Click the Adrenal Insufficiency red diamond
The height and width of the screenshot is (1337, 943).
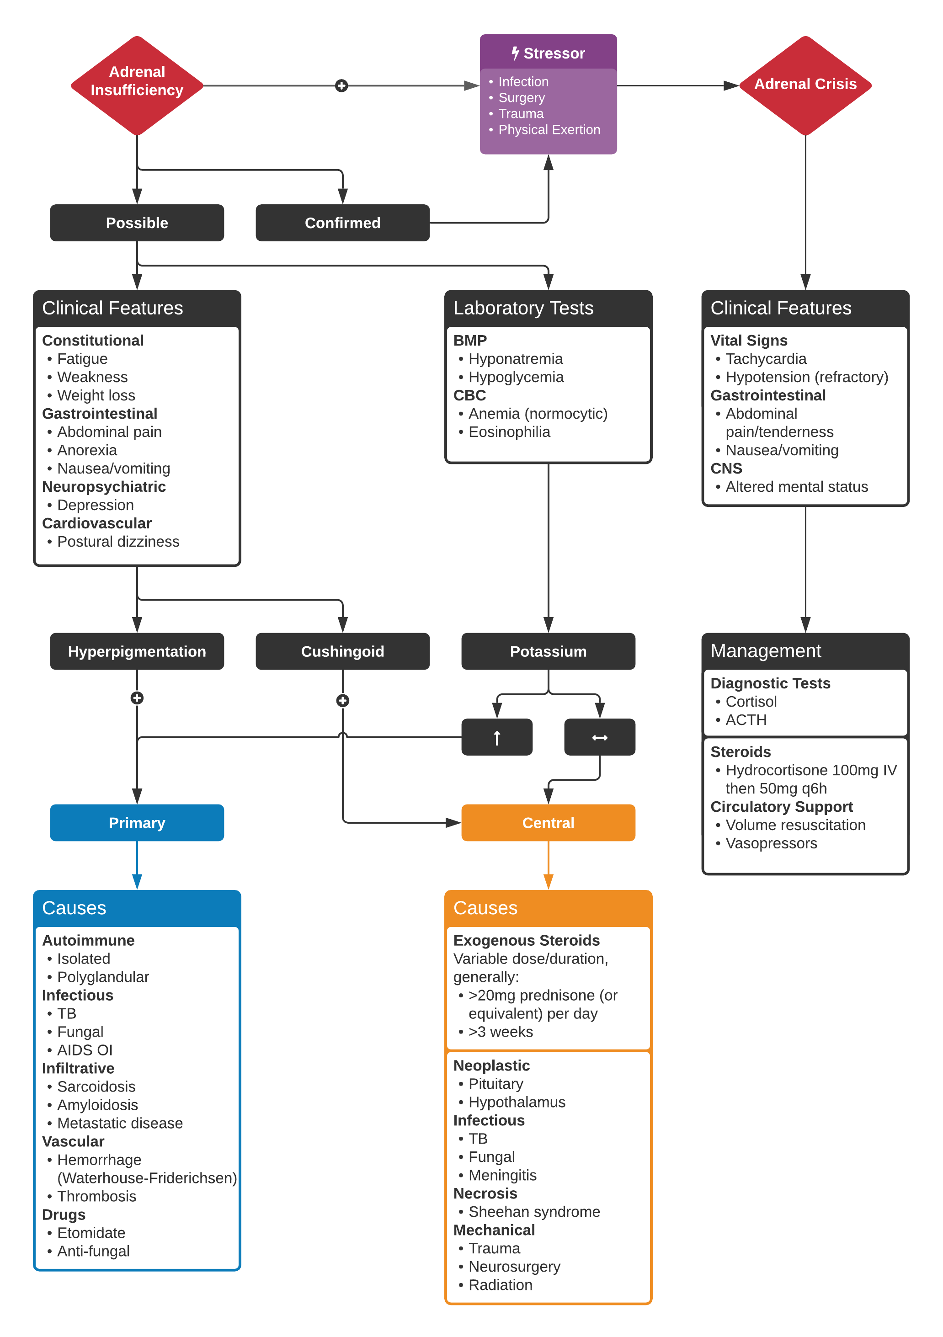[137, 85]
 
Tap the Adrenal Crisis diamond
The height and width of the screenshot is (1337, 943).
[805, 85]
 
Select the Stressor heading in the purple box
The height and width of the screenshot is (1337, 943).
[548, 53]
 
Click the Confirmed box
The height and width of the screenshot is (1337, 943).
[342, 223]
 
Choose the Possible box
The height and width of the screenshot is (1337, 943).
[137, 223]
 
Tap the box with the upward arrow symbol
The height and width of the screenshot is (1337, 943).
[497, 737]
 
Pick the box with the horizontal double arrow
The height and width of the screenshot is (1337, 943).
[599, 737]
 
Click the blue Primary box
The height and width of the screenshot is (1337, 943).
[137, 822]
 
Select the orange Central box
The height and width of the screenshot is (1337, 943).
[548, 822]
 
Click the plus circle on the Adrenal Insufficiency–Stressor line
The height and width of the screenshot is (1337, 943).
[342, 85]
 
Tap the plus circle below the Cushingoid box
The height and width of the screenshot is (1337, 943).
[342, 701]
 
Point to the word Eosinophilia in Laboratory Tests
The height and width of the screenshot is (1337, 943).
[509, 432]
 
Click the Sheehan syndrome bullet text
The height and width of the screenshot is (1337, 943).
[534, 1211]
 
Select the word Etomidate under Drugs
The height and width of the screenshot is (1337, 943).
[91, 1233]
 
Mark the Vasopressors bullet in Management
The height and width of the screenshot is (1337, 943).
[771, 843]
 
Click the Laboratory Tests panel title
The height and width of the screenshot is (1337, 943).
[523, 308]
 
